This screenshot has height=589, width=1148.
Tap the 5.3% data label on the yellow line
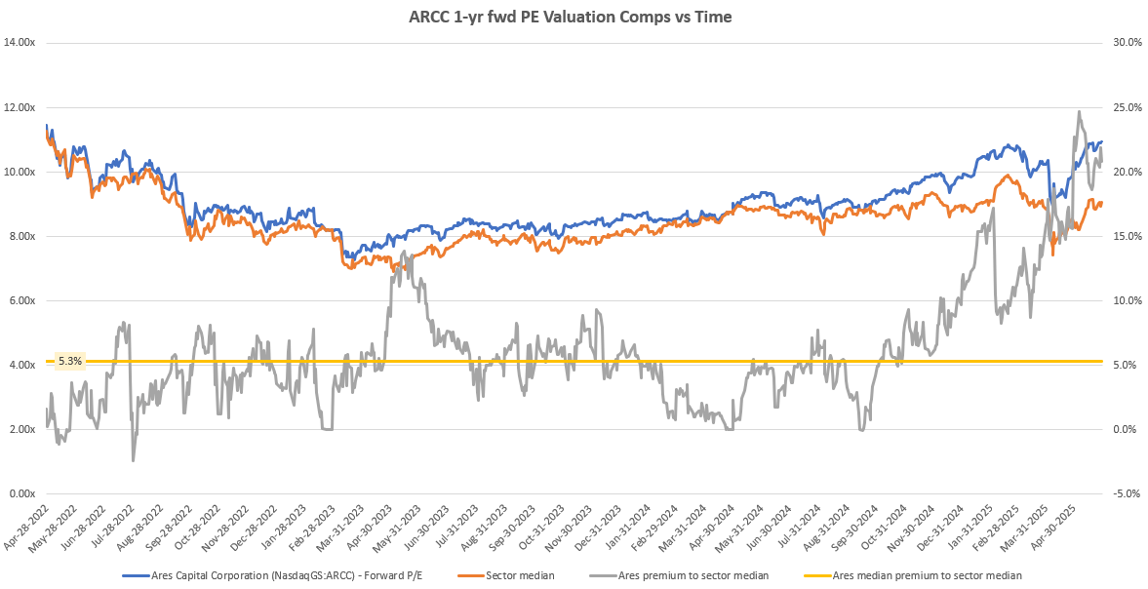point(70,361)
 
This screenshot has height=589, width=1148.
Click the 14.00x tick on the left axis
point(20,43)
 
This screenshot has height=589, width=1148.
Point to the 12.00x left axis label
point(20,107)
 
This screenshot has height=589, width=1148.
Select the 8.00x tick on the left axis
point(21,236)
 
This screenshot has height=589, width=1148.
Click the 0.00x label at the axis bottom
point(21,493)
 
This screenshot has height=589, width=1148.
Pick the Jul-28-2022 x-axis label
point(112,528)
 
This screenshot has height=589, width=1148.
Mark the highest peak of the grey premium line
point(1079,111)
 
